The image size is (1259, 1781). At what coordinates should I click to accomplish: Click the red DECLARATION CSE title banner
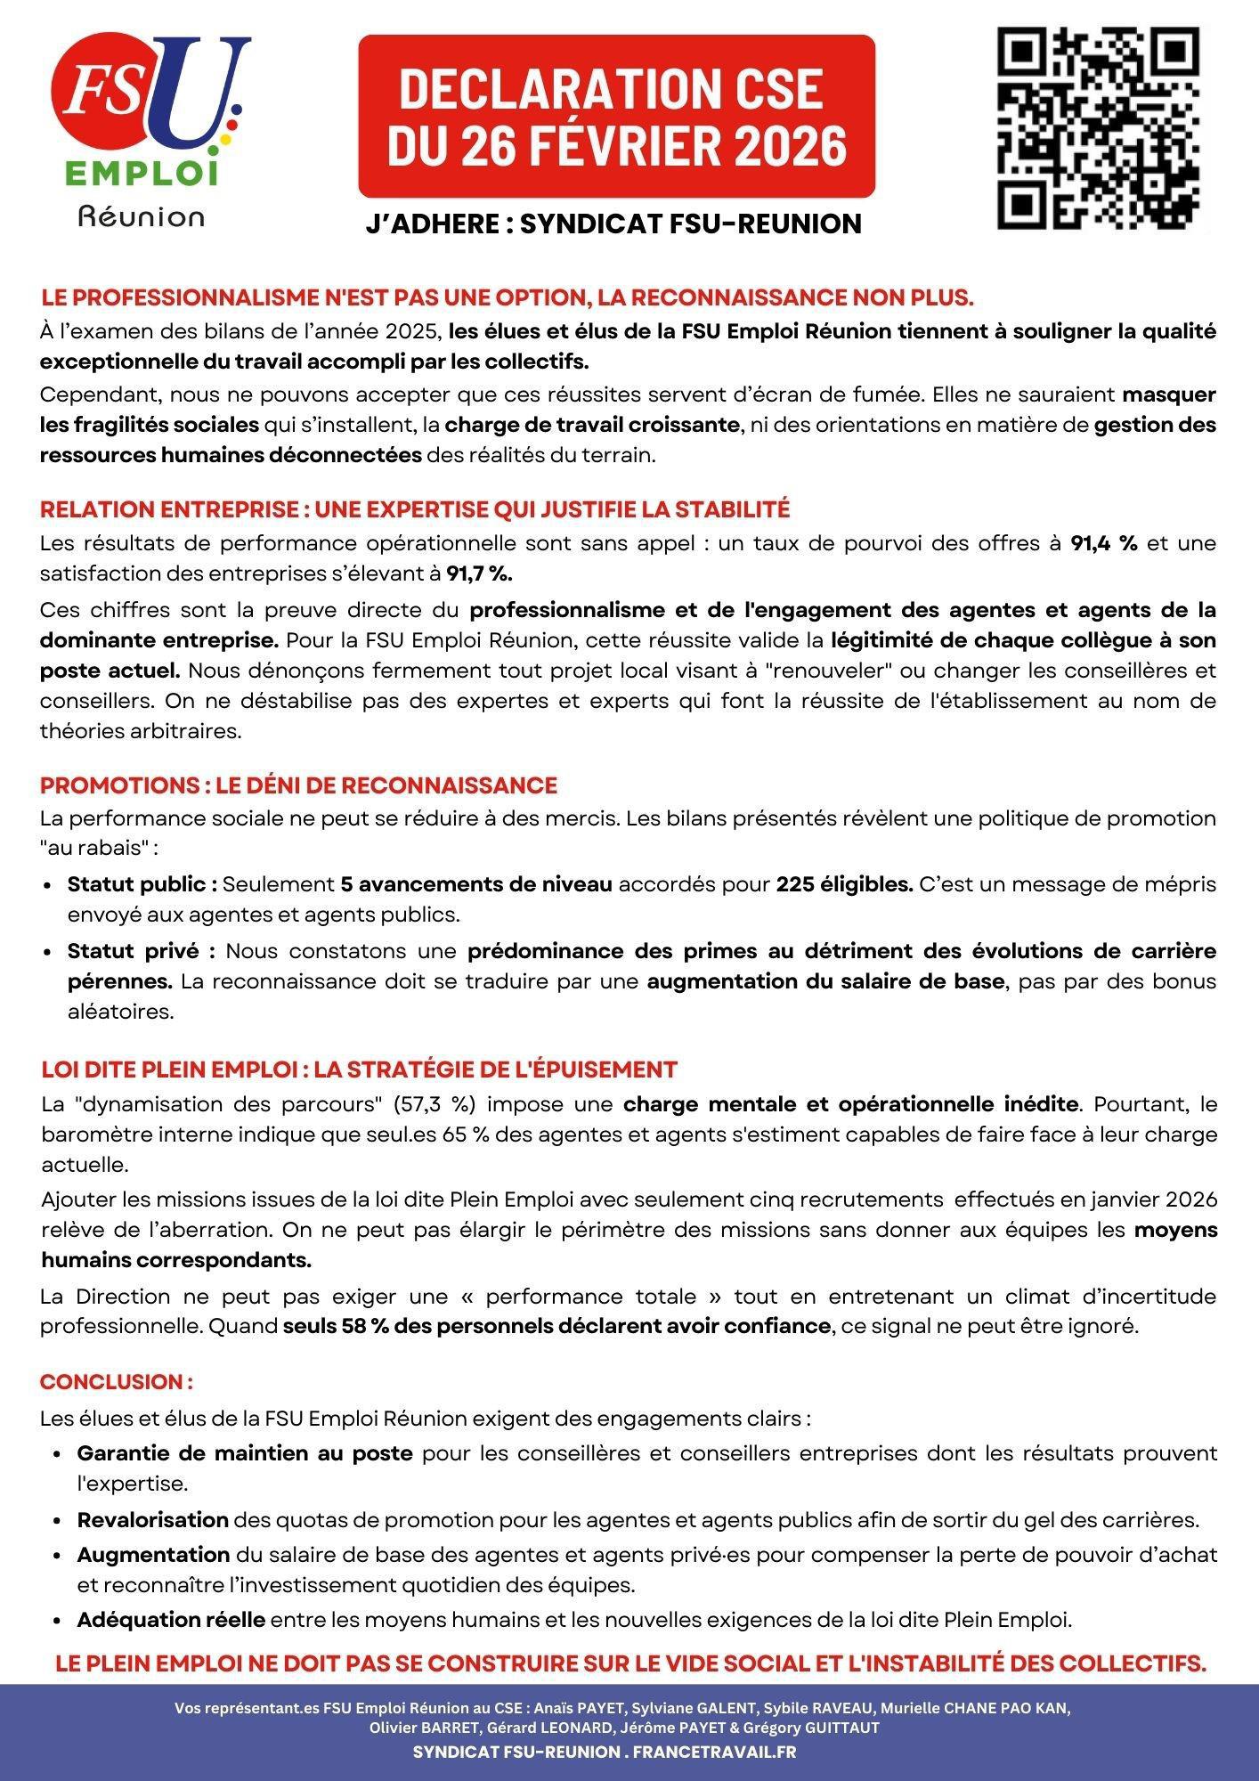pyautogui.click(x=616, y=116)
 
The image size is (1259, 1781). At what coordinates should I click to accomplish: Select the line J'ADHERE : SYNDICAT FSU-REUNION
pyautogui.click(x=613, y=224)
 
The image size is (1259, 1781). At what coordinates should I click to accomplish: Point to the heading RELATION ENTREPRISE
pyautogui.click(x=414, y=509)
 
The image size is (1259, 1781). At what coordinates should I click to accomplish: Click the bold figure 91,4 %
pyautogui.click(x=1103, y=543)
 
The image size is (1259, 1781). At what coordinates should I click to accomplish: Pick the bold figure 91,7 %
pyautogui.click(x=479, y=574)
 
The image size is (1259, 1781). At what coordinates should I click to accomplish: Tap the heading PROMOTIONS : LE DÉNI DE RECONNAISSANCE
pyautogui.click(x=298, y=785)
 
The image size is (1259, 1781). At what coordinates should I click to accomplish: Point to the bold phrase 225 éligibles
pyautogui.click(x=844, y=884)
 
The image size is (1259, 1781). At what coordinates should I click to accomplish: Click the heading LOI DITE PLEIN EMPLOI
pyautogui.click(x=359, y=1069)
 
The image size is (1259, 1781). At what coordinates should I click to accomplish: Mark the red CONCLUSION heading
pyautogui.click(x=116, y=1382)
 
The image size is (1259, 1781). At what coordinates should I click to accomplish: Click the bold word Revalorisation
pyautogui.click(x=153, y=1519)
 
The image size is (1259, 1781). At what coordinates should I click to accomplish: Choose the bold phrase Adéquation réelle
pyautogui.click(x=171, y=1620)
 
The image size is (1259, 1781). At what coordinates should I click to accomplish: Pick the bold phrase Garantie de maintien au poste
pyautogui.click(x=245, y=1453)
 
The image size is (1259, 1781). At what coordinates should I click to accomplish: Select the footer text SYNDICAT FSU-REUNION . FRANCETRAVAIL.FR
pyautogui.click(x=605, y=1752)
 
